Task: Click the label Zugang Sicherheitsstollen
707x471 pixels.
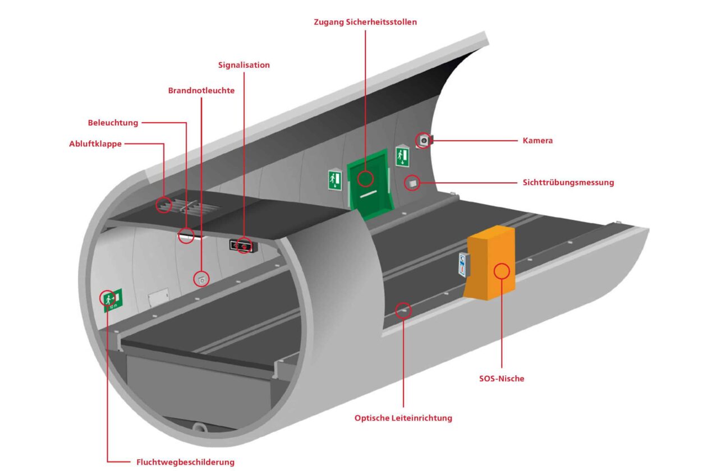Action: coord(365,22)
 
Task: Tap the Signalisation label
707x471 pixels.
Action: coord(244,65)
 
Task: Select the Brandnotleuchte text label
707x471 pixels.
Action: coord(201,90)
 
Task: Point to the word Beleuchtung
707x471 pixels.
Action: coord(113,123)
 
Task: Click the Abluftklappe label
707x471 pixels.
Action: coord(95,144)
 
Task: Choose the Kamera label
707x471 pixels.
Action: coord(538,141)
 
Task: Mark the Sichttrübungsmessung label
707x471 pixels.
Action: coord(568,182)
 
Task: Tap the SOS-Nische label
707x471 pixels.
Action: coord(498,378)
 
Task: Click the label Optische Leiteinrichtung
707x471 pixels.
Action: coord(403,418)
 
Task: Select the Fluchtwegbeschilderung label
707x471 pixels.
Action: coord(185,462)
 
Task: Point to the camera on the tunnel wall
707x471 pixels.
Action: coord(424,140)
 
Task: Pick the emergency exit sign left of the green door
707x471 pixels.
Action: coord(334,180)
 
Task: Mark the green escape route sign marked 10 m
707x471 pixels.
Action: coord(112,299)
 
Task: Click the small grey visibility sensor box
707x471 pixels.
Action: coord(413,182)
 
